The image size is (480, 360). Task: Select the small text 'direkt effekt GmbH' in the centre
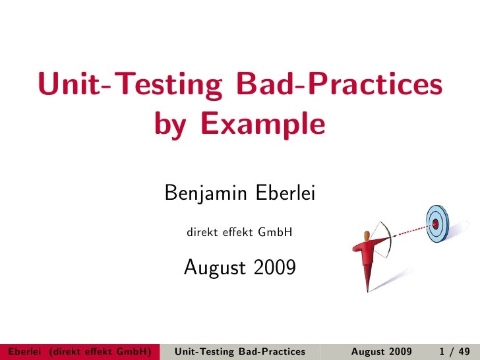[240, 233]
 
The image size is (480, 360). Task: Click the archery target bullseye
[436, 223]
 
